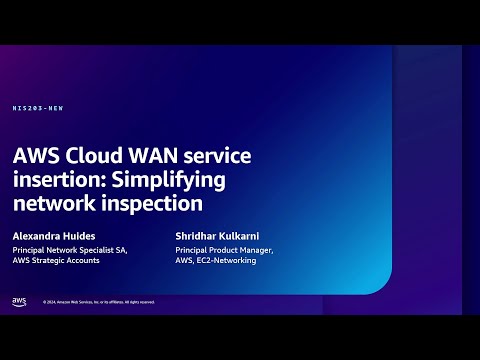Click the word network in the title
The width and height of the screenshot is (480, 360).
[52, 203]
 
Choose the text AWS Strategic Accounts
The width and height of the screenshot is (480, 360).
[56, 260]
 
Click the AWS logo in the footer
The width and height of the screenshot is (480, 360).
[19, 301]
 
